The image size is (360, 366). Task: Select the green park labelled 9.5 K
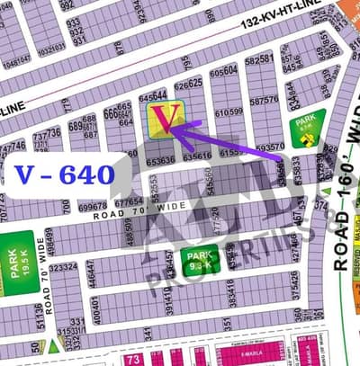pyautogui.click(x=199, y=260)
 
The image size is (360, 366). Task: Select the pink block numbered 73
pyautogui.click(x=133, y=359)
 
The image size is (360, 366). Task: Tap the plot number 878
pyautogui.click(x=119, y=49)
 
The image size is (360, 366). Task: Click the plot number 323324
pyautogui.click(x=62, y=266)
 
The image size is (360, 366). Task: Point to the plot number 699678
pyautogui.click(x=92, y=208)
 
